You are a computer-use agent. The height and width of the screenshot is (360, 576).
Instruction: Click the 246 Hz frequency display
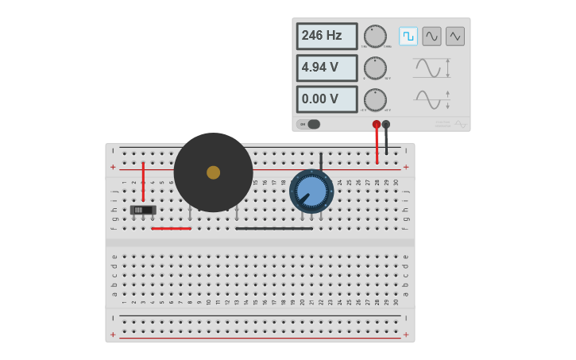click(327, 36)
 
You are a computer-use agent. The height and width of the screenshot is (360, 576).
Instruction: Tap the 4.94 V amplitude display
click(327, 68)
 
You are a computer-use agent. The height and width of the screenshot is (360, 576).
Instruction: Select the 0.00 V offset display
click(327, 99)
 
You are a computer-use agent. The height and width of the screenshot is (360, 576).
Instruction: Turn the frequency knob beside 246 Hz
click(375, 36)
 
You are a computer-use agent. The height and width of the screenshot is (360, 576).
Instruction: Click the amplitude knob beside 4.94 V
click(375, 68)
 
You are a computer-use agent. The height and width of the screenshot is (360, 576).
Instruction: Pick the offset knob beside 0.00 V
click(375, 99)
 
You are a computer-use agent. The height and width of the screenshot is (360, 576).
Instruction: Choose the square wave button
click(408, 36)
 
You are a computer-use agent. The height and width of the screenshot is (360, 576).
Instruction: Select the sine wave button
click(431, 36)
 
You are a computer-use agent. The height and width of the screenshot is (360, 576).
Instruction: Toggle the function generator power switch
click(309, 124)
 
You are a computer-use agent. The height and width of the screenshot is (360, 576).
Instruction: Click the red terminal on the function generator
click(377, 124)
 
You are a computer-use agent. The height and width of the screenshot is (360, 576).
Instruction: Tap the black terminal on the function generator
click(386, 124)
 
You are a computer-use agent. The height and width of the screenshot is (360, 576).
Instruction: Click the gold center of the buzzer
click(213, 172)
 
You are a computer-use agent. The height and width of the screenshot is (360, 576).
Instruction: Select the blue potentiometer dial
click(311, 191)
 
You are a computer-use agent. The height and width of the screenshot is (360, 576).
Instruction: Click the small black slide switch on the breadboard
click(143, 210)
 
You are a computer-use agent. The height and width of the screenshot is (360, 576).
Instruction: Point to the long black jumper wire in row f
click(274, 228)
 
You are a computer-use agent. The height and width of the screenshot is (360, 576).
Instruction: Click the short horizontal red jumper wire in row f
click(171, 228)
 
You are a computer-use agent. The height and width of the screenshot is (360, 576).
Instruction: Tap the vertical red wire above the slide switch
click(143, 181)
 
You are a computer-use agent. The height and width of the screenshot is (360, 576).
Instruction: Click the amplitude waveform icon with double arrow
click(431, 68)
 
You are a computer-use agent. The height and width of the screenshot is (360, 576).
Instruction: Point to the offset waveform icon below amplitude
click(431, 99)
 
